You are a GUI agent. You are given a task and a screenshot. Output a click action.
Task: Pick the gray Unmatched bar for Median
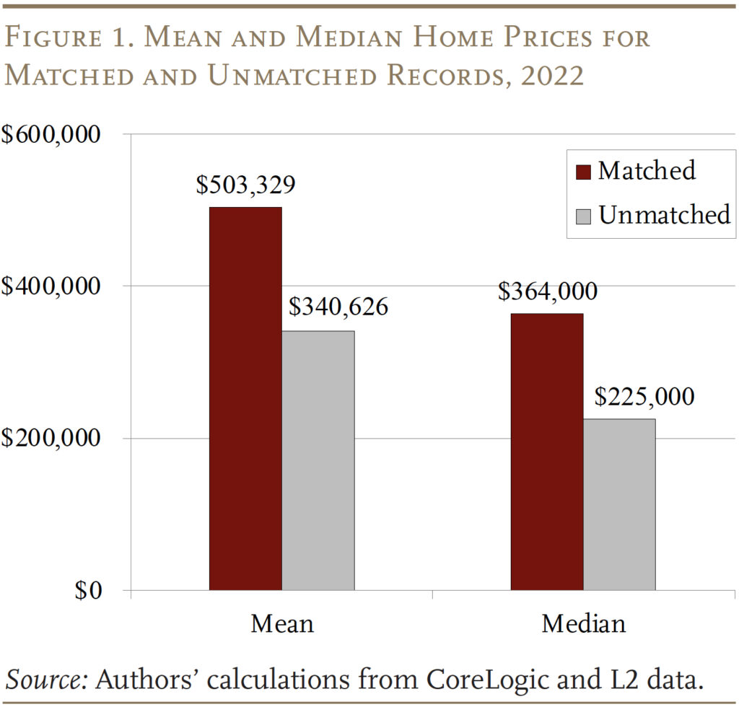[619, 504]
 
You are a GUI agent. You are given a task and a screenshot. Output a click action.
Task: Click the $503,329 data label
[245, 185]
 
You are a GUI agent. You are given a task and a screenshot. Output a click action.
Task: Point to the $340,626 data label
[338, 307]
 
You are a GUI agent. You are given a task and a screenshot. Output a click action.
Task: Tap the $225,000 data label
[644, 396]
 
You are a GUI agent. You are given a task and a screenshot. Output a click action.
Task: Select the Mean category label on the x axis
[282, 623]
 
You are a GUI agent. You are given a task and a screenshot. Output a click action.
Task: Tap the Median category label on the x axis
[583, 623]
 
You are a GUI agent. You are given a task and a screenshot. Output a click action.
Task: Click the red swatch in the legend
[584, 172]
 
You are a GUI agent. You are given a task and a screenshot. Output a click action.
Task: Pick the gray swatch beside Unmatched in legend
[584, 215]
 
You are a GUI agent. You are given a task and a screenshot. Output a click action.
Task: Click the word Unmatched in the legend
[665, 214]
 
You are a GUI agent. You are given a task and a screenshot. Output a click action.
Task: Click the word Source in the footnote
[45, 679]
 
